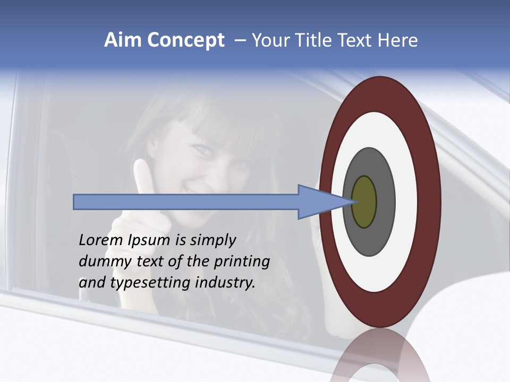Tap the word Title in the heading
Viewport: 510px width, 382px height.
pyautogui.click(x=315, y=40)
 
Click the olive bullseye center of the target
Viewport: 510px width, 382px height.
pyautogui.click(x=364, y=202)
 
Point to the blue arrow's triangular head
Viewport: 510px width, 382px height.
pyautogui.click(x=321, y=202)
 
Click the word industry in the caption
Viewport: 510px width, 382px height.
pyautogui.click(x=225, y=283)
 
